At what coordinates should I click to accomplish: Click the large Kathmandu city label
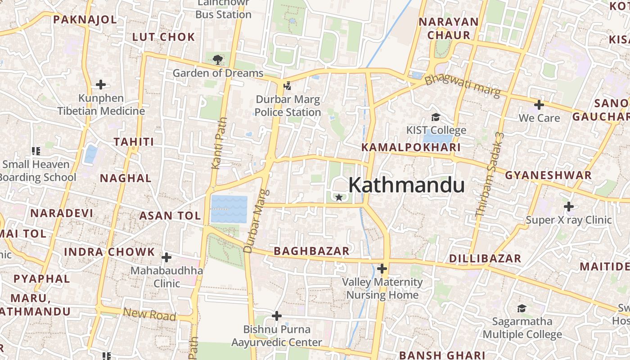point(406,185)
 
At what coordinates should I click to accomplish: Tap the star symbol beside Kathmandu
point(339,197)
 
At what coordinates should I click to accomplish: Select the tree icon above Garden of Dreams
point(218,59)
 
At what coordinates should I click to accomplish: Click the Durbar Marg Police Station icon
point(287,85)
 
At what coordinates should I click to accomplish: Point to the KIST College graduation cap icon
point(436,117)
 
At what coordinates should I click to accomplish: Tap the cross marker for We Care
point(539,105)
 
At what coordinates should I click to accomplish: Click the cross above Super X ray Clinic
point(569,207)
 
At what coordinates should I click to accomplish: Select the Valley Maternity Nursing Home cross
point(382,269)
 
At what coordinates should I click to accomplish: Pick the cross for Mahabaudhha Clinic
point(166,257)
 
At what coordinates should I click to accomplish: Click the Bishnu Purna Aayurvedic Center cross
point(277,316)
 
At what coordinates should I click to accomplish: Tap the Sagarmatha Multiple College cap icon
point(522,308)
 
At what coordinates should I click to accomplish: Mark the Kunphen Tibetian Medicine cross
point(101,84)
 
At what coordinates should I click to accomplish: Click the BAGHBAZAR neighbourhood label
point(311,251)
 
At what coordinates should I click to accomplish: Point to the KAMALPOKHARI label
point(411,148)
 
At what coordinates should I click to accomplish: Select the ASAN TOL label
point(170,216)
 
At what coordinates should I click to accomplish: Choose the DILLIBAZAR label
point(485,259)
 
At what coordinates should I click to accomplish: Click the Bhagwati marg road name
point(463,86)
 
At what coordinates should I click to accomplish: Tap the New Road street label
point(149,314)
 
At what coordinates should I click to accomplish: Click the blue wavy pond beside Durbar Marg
point(229,209)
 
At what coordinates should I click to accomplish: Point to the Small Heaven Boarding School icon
point(36,151)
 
